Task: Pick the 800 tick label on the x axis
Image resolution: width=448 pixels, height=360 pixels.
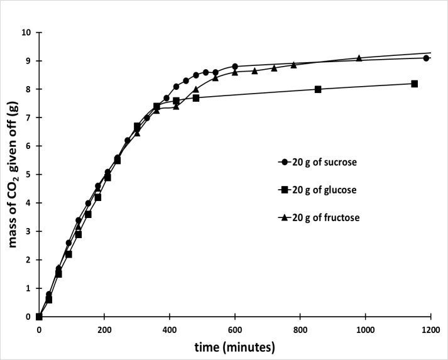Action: (x=300, y=330)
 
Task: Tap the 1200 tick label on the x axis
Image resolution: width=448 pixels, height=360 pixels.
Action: (x=430, y=330)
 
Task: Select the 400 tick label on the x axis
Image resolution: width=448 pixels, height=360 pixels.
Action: (x=170, y=330)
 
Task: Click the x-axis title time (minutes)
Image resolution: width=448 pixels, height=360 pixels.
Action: (x=234, y=347)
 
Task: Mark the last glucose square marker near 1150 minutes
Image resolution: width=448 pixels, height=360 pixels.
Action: (x=415, y=84)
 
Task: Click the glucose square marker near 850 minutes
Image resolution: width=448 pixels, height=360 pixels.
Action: (x=318, y=89)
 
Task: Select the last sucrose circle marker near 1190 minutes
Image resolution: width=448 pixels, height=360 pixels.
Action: (x=426, y=58)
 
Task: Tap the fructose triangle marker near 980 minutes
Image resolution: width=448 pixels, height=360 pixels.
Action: (x=359, y=58)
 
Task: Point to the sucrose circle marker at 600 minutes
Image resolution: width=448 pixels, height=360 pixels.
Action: (x=235, y=66)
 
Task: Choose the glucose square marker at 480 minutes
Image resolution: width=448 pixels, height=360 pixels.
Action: (x=196, y=98)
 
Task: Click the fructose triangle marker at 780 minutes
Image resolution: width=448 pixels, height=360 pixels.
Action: (x=293, y=65)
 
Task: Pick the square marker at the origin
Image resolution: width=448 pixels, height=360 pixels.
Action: (x=39, y=317)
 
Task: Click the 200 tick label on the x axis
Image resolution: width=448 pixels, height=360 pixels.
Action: (x=104, y=330)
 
